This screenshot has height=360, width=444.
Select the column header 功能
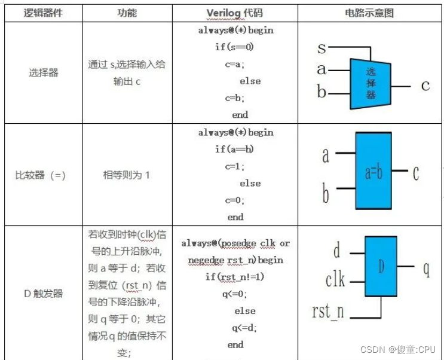(127, 13)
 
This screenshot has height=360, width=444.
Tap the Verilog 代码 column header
(234, 13)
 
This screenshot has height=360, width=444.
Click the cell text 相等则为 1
(127, 175)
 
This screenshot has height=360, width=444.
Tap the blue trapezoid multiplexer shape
(370, 83)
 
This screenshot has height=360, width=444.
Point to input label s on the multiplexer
(321, 47)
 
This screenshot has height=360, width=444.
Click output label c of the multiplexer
(425, 86)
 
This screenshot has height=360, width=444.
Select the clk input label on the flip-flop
(335, 279)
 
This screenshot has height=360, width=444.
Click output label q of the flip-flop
(426, 269)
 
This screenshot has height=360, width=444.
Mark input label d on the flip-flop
(337, 251)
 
